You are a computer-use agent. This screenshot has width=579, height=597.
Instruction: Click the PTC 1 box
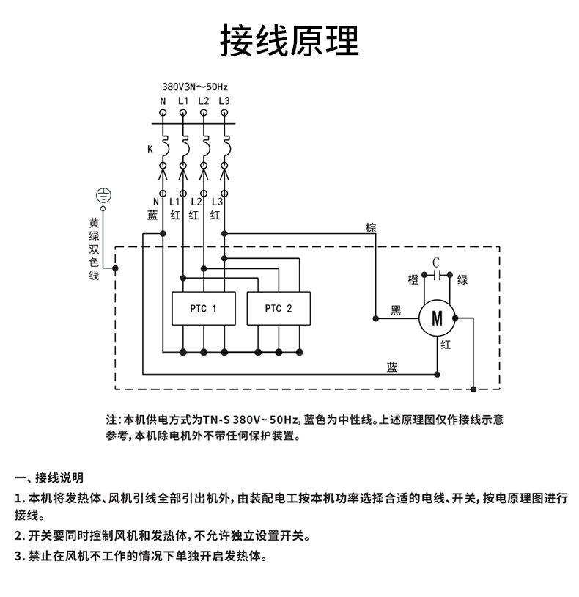[x=204, y=309]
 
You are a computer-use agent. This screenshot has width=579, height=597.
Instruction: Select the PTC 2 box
[x=279, y=309]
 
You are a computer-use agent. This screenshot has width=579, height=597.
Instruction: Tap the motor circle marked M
[x=437, y=318]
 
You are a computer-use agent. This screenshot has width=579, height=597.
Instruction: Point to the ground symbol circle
[x=104, y=195]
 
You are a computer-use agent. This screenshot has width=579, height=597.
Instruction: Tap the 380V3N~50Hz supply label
[x=195, y=86]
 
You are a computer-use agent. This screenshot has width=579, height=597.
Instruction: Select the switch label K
[x=150, y=149]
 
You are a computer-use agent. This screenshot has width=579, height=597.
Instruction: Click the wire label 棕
[x=371, y=228]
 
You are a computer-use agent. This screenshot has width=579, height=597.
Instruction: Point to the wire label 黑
[x=396, y=311]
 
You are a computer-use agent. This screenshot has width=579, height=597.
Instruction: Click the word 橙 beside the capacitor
[x=413, y=279]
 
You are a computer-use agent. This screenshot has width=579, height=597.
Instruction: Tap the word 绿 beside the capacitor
[x=462, y=279]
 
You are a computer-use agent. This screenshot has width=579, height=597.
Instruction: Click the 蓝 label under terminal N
[x=153, y=215]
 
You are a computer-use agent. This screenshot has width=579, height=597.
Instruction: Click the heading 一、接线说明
[x=50, y=478]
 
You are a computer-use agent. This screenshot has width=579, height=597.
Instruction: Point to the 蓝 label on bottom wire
[x=392, y=367]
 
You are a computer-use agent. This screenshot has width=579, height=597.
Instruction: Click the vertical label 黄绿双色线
[x=94, y=249]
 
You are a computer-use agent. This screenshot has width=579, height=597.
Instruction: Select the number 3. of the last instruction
[x=20, y=556]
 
